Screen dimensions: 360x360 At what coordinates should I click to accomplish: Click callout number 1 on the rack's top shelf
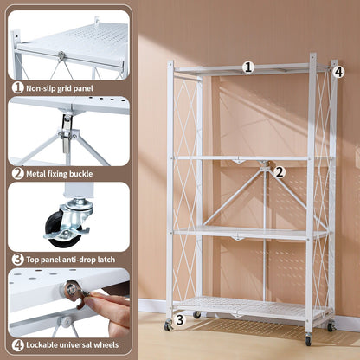[x=248, y=67]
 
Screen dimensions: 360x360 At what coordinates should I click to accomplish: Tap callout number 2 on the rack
[x=280, y=172]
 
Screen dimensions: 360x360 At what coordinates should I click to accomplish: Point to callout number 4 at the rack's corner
[x=338, y=72]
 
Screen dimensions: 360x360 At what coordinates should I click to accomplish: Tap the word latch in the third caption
[x=112, y=258]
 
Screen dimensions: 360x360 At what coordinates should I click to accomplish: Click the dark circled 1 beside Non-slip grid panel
[x=17, y=87]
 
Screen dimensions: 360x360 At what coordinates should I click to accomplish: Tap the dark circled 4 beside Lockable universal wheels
[x=17, y=344]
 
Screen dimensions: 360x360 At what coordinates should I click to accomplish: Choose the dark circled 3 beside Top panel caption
[x=17, y=258]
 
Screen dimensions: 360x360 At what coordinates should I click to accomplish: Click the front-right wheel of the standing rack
[x=308, y=339]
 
